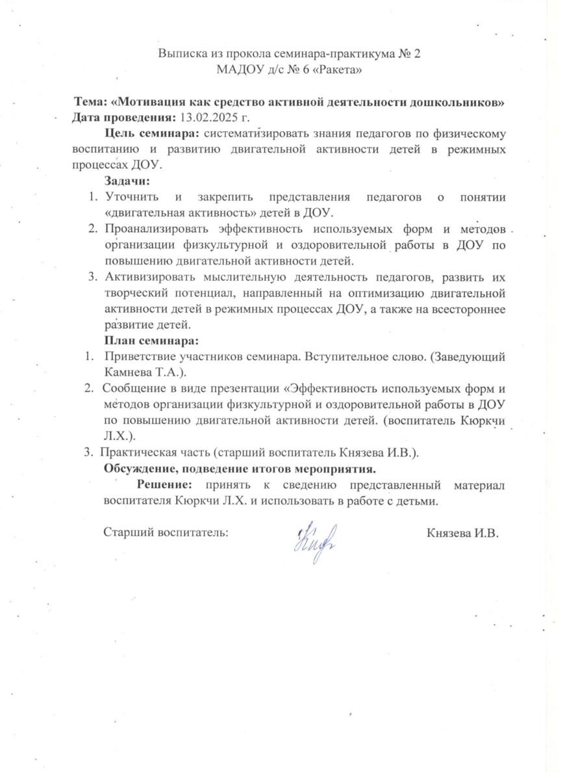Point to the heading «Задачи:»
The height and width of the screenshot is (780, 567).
pyautogui.click(x=127, y=181)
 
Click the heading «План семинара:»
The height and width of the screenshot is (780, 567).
pyautogui.click(x=151, y=340)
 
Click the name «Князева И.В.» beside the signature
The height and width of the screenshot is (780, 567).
pyautogui.click(x=462, y=533)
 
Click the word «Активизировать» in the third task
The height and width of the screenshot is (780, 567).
pyautogui.click(x=147, y=276)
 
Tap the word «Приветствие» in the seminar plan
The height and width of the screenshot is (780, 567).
pyautogui.click(x=139, y=356)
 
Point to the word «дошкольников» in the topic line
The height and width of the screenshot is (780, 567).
pyautogui.click(x=461, y=103)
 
